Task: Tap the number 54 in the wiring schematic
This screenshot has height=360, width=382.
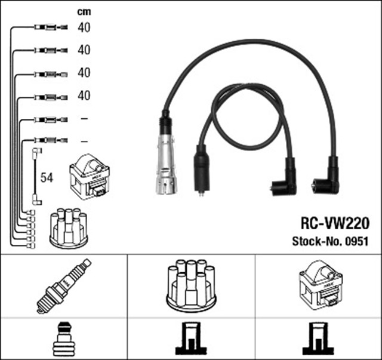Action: pos(46,177)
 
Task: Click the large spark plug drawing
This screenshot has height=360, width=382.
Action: pos(63,286)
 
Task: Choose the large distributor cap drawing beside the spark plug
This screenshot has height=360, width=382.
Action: pos(190,285)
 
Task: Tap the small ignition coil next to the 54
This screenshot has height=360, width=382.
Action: pos(88,177)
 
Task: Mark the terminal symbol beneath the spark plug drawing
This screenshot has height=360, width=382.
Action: pos(63,339)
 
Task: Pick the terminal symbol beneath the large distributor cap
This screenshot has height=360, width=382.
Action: pos(191,339)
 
